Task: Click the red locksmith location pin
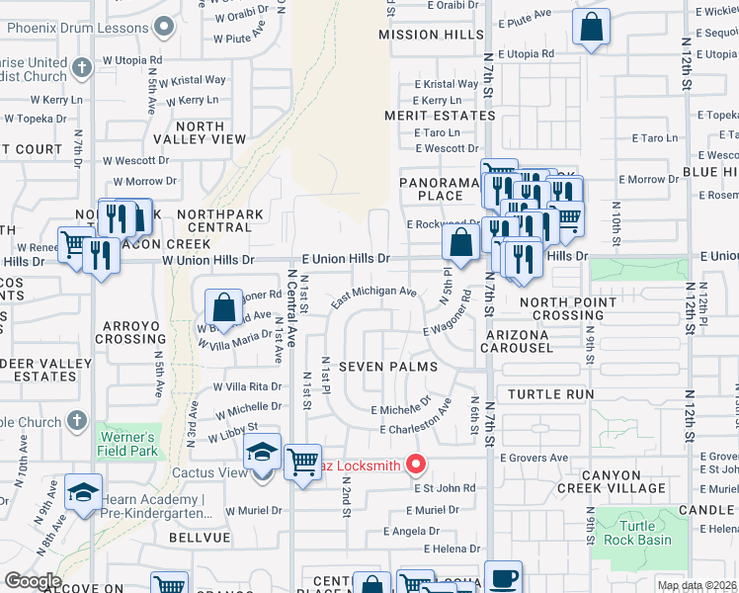click(416, 463)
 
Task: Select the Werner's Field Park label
click(126, 444)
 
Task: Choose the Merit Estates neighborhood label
click(440, 117)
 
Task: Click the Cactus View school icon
click(262, 453)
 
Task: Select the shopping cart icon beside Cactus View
click(301, 462)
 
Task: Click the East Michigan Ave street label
click(374, 293)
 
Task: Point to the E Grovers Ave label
click(534, 459)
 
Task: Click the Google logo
click(32, 581)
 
